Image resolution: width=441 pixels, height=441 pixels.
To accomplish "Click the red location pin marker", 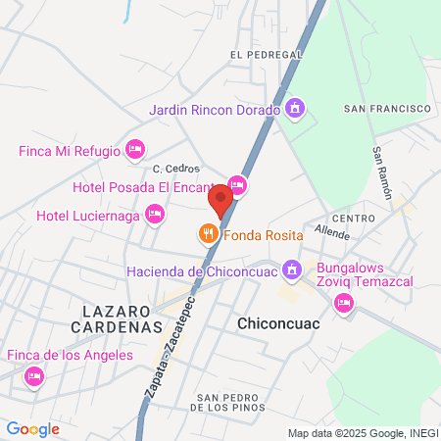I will (x=220, y=200).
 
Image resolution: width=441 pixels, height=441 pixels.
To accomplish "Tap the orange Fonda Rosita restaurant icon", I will (x=207, y=235).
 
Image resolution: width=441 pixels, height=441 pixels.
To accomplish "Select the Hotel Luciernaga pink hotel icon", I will (x=154, y=214).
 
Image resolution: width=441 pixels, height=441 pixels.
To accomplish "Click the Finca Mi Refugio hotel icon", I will (x=135, y=150).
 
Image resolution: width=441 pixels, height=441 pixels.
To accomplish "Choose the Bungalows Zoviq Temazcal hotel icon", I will (x=343, y=303).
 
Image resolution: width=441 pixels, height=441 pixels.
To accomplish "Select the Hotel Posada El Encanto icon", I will (x=236, y=184).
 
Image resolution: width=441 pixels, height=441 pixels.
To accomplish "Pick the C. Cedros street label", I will (x=176, y=169).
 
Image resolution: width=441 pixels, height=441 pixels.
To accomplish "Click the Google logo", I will (x=32, y=428).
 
